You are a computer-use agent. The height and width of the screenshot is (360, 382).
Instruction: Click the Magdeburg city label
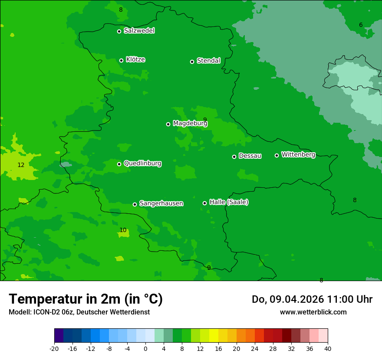point(190,124)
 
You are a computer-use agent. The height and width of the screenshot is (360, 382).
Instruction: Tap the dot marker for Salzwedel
point(119,31)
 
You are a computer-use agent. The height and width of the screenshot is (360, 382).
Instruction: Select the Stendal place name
point(209,61)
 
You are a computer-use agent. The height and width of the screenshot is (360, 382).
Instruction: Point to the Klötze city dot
point(121,60)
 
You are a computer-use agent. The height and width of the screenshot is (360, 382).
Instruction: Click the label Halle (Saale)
point(229,202)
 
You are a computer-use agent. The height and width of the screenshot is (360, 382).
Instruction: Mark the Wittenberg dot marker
point(277,155)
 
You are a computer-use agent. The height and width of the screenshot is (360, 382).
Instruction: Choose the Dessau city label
point(250,156)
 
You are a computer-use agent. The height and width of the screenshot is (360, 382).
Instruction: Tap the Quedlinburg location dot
point(119,164)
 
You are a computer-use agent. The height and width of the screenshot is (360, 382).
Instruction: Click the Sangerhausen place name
point(161,203)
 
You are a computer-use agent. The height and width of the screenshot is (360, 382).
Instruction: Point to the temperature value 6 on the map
point(361,25)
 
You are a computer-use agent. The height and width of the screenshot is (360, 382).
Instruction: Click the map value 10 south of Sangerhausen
point(123,230)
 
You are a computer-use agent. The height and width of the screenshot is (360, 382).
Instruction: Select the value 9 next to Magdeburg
point(205,120)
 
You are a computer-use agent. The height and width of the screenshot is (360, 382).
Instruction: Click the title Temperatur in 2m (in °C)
point(86,299)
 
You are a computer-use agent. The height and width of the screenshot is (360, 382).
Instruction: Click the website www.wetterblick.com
point(313,312)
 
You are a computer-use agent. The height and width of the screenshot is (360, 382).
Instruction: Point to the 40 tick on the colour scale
point(327,348)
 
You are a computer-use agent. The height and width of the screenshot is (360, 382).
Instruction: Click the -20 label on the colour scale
point(54,348)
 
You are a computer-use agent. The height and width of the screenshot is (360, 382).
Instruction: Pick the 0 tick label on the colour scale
point(145,348)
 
